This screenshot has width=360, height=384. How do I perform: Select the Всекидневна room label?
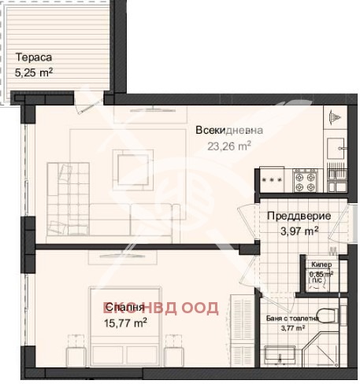tap(229, 131)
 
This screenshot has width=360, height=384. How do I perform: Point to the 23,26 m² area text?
tap(228, 145)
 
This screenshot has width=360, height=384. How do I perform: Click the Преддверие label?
tap(298, 216)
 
